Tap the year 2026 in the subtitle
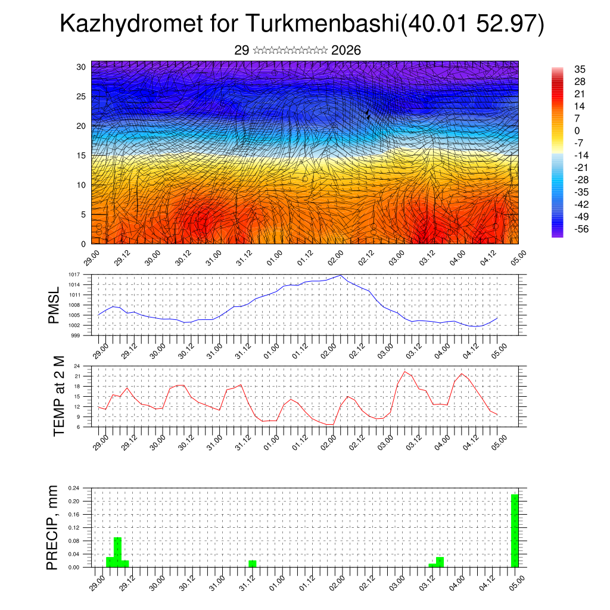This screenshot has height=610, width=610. tap(346, 51)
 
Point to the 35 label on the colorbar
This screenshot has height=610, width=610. tap(580, 69)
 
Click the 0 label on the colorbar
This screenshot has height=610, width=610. tap(577, 130)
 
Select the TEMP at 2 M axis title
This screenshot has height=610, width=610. tap(58, 396)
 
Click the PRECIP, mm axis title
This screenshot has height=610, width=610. tap(54, 528)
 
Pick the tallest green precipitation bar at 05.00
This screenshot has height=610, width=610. tap(514, 530)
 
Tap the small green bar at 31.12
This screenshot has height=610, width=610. tap(253, 564)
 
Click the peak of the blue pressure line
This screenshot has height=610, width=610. tap(340, 275)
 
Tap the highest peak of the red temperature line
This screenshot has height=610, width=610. tap(405, 372)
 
